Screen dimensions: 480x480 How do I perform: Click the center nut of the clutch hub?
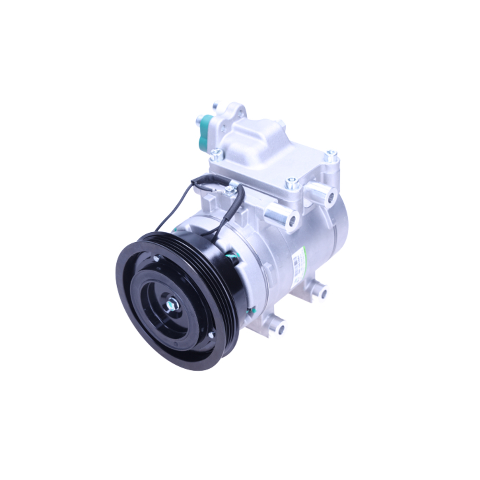pyautogui.click(x=171, y=303)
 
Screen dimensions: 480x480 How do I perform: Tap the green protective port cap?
pyautogui.click(x=205, y=131)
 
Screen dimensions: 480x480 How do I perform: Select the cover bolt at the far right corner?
pyautogui.click(x=331, y=156)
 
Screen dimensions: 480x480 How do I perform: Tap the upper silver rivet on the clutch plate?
pyautogui.click(x=156, y=259)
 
